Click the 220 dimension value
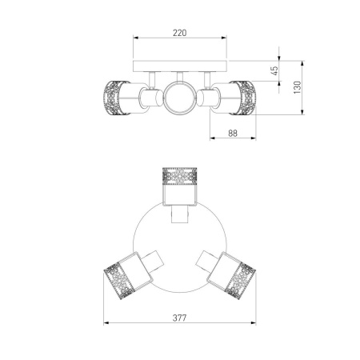(x=180, y=33)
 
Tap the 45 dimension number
(x=274, y=70)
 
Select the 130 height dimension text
(x=297, y=87)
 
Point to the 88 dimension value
(x=233, y=133)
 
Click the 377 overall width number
(x=179, y=318)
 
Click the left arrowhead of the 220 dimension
(x=136, y=38)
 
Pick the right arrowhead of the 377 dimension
(x=253, y=323)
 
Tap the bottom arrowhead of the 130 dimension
(x=302, y=112)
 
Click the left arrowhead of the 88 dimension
(x=213, y=138)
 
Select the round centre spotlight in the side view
(x=179, y=98)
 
